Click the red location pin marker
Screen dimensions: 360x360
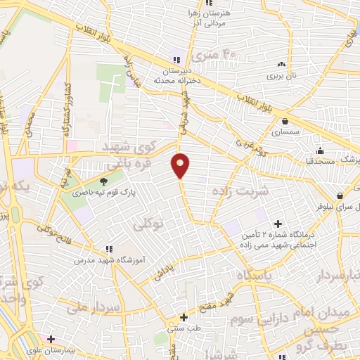click(x=181, y=165)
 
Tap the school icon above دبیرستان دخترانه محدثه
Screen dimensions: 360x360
click(x=176, y=59)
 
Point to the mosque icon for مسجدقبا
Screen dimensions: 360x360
click(x=321, y=150)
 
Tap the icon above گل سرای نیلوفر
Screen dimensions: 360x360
click(x=340, y=195)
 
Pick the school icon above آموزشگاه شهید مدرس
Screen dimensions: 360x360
click(x=108, y=248)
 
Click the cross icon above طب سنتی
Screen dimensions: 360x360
click(x=184, y=317)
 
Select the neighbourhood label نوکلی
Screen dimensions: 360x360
click(x=148, y=224)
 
